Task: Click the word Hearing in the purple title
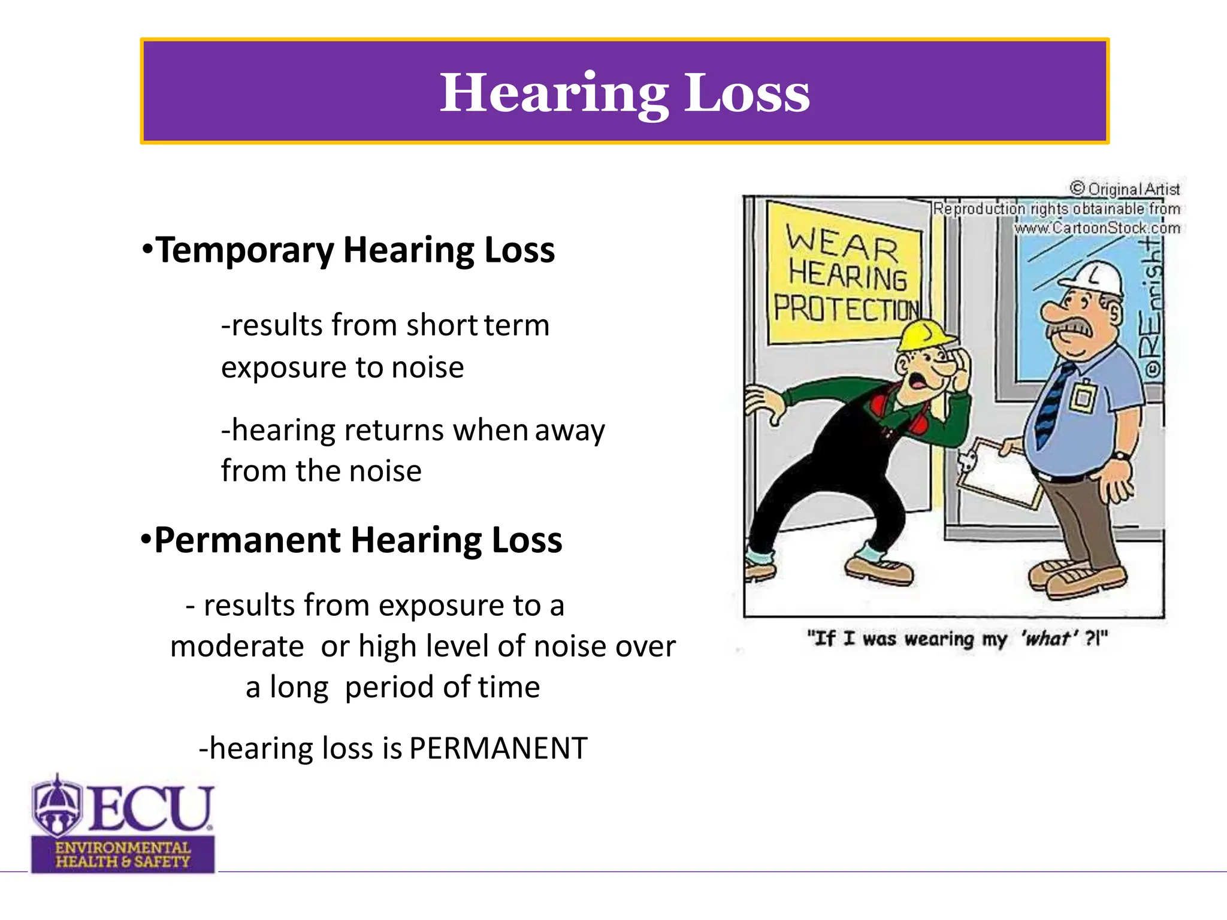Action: click(554, 93)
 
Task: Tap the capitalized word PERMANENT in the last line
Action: click(498, 749)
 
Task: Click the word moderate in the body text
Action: click(237, 647)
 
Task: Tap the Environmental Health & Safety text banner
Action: click(123, 855)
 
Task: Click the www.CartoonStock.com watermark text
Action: click(1096, 228)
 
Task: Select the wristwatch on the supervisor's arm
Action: click(1119, 457)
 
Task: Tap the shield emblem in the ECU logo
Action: click(57, 806)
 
